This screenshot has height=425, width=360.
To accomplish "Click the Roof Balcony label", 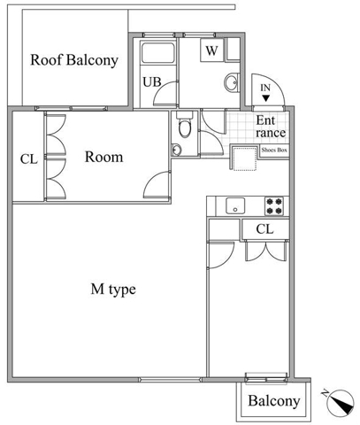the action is (x=74, y=60).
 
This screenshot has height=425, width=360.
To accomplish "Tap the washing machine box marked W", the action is (x=211, y=50).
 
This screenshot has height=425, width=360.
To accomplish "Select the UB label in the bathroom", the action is (x=152, y=81).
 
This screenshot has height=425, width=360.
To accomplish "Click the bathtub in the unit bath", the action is (x=158, y=53).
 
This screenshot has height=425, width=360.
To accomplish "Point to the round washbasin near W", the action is (x=232, y=82).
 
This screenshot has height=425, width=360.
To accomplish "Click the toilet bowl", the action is (x=185, y=128).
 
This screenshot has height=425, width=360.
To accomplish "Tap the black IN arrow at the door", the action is (x=265, y=98).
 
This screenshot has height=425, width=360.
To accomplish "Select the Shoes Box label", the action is (x=274, y=150).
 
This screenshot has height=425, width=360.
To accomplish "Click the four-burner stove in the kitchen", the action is (x=274, y=206).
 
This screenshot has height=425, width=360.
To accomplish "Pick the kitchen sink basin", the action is (x=235, y=205).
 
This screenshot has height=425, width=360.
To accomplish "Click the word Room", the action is (x=103, y=157).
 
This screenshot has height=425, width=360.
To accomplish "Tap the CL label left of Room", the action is (x=29, y=159).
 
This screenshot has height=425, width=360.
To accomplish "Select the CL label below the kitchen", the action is (x=264, y=229).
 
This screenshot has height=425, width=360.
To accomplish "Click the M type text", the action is (x=113, y=290).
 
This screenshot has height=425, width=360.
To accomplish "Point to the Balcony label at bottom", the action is (x=274, y=401).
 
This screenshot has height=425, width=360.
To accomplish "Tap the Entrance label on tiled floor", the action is (x=271, y=127).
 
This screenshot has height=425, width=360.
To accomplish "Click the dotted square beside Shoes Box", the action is (x=245, y=158).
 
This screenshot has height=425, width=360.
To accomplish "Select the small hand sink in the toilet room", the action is (x=176, y=150).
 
